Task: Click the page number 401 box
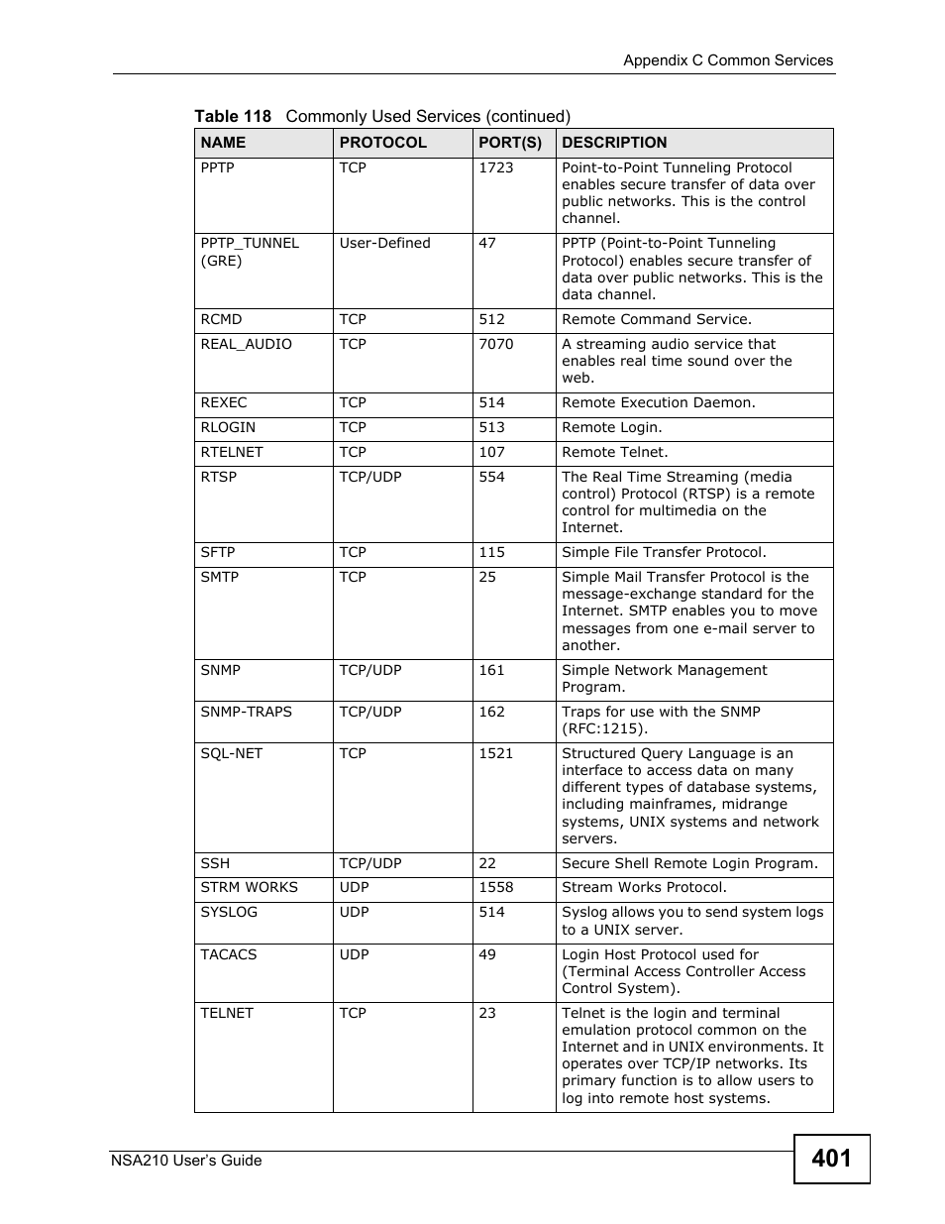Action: [831, 1159]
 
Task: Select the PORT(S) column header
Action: [510, 143]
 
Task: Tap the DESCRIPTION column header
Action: [614, 143]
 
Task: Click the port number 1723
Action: [495, 168]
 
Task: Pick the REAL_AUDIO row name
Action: [246, 345]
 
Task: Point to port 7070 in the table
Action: [495, 345]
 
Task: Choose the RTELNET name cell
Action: [232, 453]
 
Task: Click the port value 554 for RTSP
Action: [491, 478]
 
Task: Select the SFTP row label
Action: [218, 553]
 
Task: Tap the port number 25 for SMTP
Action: [487, 578]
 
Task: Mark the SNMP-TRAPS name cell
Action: [246, 713]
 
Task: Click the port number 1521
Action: [495, 754]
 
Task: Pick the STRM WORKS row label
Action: [249, 888]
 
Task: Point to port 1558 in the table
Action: [495, 888]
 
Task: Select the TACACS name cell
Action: [228, 955]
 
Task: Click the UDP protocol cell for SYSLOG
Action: [354, 913]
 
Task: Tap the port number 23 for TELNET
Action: [487, 1014]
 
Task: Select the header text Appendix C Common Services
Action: [727, 60]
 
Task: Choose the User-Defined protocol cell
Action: [384, 244]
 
